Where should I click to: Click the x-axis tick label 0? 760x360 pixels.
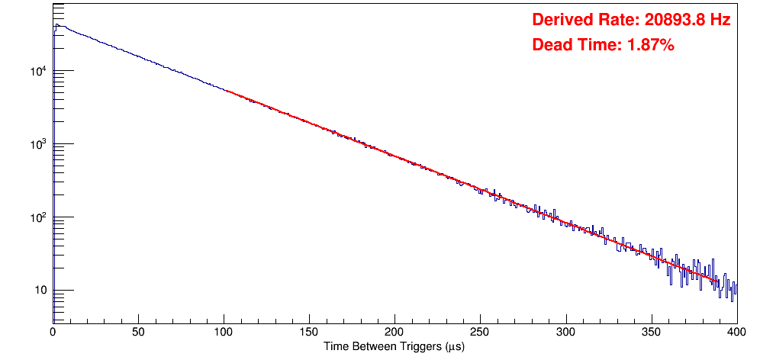53,333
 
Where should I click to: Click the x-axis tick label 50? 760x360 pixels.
138,333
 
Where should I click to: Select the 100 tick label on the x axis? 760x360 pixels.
224,333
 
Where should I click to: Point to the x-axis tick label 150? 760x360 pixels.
309,333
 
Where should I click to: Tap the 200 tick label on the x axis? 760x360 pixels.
394,333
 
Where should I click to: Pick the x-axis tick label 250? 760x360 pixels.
480,333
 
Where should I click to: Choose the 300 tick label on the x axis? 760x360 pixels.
565,333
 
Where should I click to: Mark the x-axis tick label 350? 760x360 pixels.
651,333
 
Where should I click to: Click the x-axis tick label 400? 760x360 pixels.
736,333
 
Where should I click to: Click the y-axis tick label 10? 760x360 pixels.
40,291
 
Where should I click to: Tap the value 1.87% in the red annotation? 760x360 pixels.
650,46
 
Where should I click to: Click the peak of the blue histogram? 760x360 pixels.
56,24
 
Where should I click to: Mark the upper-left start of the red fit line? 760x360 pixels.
227,91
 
